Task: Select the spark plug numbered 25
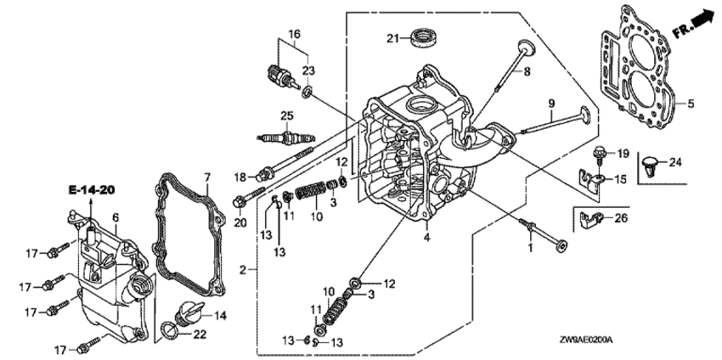286,137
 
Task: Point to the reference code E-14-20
91,189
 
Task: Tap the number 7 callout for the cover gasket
207,177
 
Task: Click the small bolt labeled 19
600,154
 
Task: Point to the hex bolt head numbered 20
239,201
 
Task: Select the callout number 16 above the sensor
294,34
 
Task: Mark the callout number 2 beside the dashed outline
243,270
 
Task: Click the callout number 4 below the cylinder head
427,238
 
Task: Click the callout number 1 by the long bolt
530,248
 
